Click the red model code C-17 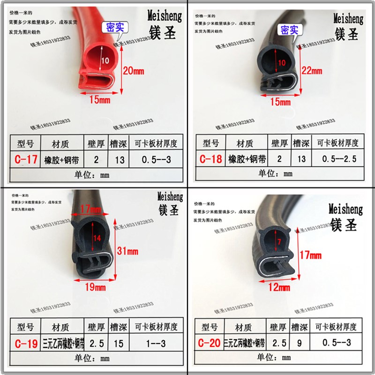point(25,160)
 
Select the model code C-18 point(210,159)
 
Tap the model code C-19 point(25,345)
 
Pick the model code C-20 point(209,344)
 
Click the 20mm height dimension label point(134,71)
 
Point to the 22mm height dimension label point(312,71)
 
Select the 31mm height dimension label point(127,251)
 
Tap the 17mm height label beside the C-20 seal point(310,255)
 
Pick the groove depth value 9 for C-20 point(298,344)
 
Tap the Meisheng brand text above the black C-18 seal point(348,19)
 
